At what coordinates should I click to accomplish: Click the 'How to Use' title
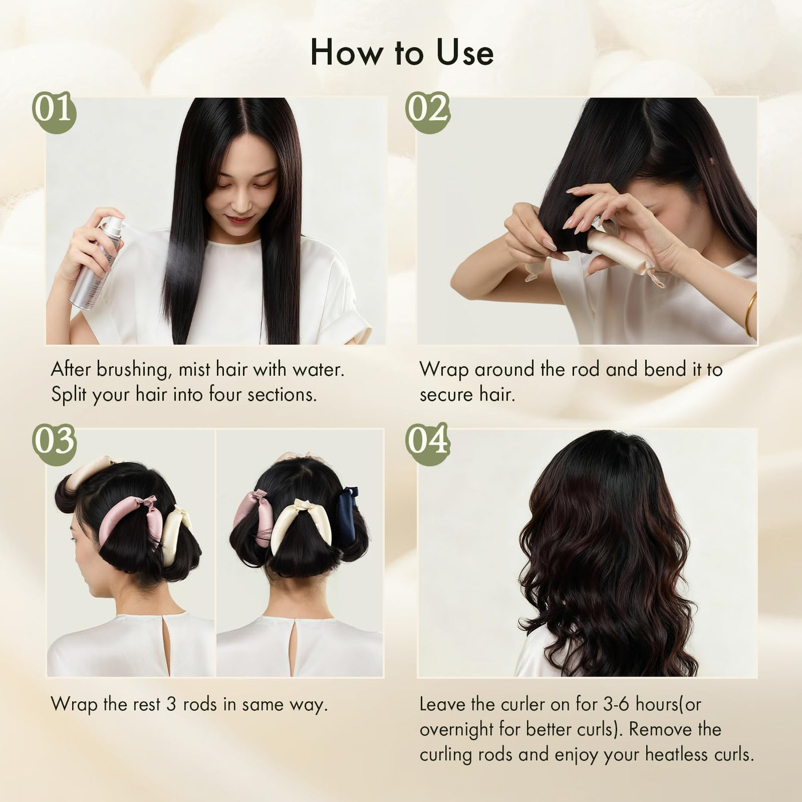(x=402, y=53)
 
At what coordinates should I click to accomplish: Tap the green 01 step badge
(x=54, y=112)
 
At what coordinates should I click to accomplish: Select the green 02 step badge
(x=427, y=112)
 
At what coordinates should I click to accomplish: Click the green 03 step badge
(x=54, y=444)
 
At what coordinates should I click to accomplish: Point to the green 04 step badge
(x=427, y=444)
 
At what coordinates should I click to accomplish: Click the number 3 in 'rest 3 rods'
(x=171, y=704)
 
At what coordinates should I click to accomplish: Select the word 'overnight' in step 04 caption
(x=456, y=730)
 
